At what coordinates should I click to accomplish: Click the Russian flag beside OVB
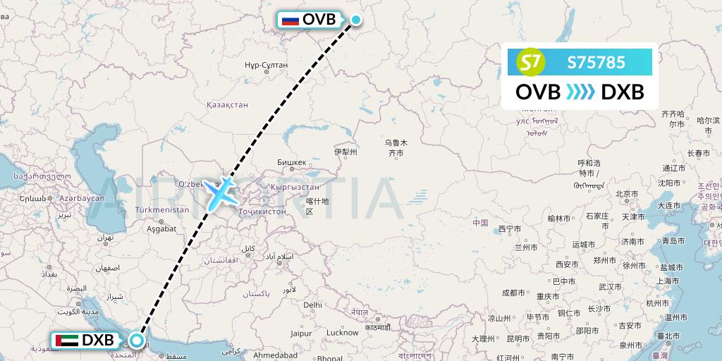[290, 20]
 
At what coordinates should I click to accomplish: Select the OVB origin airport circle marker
[356, 20]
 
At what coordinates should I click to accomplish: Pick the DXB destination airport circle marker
[136, 341]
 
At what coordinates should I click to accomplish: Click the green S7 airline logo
[532, 63]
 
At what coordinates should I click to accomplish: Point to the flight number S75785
[596, 63]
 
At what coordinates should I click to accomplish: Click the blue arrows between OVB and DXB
[581, 92]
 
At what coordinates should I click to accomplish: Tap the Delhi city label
[312, 305]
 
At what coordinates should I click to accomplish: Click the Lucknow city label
[343, 332]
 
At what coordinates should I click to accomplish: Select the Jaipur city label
[300, 333]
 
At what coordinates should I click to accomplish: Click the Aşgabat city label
[162, 229]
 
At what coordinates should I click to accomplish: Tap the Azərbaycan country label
[82, 199]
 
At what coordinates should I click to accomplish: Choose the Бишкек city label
[292, 162]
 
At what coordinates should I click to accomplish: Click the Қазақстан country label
[227, 104]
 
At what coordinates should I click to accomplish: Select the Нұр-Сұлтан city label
[266, 65]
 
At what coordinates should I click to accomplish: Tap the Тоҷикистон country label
[262, 211]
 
